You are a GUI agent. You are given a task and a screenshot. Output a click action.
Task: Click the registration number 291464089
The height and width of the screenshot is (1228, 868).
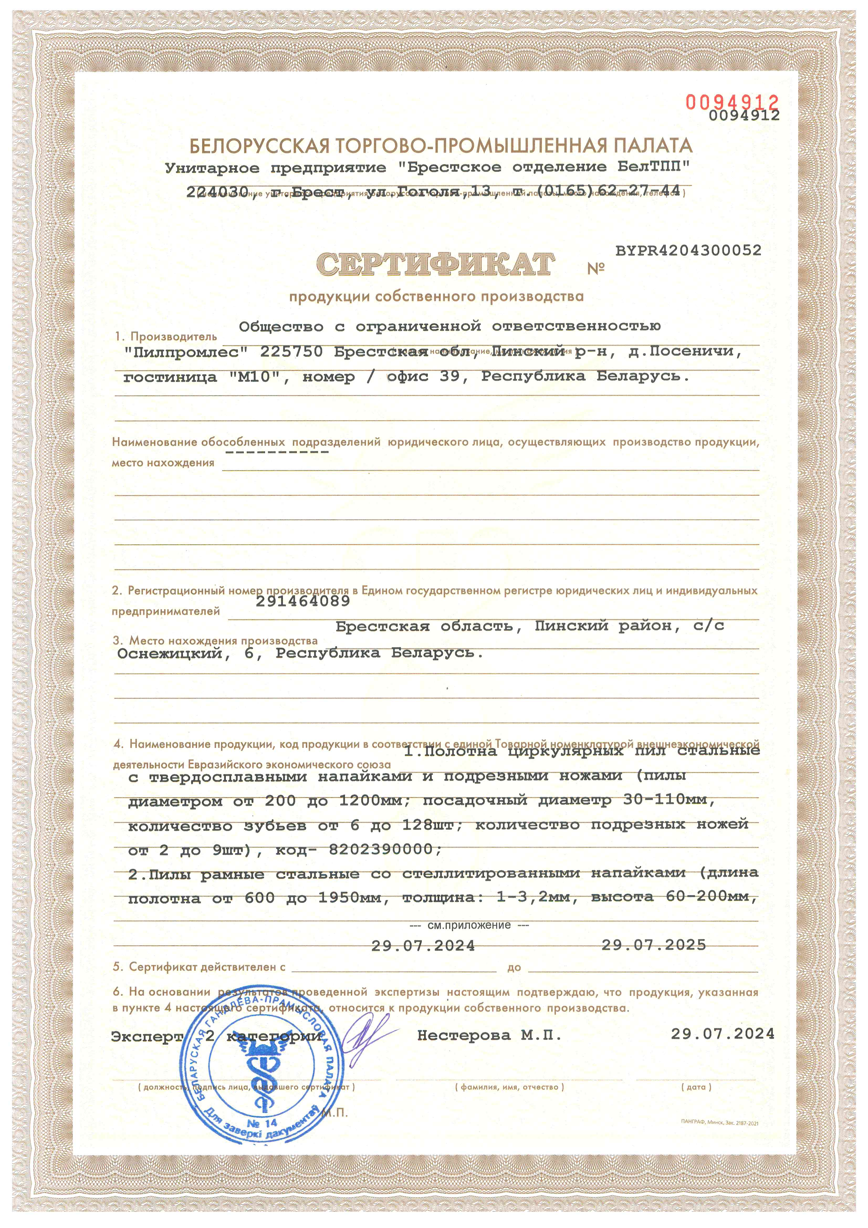pyautogui.click(x=303, y=601)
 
